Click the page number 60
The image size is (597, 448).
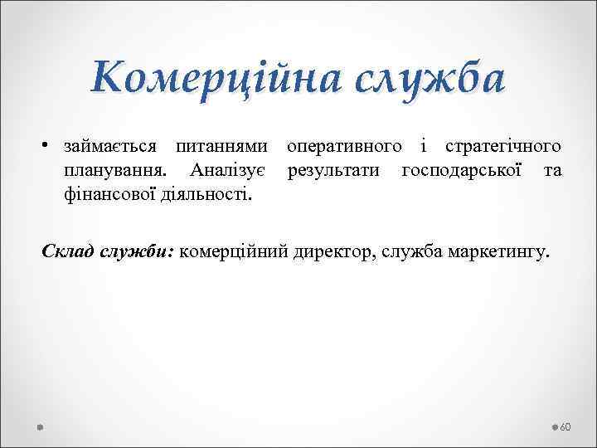coord(566,426)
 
